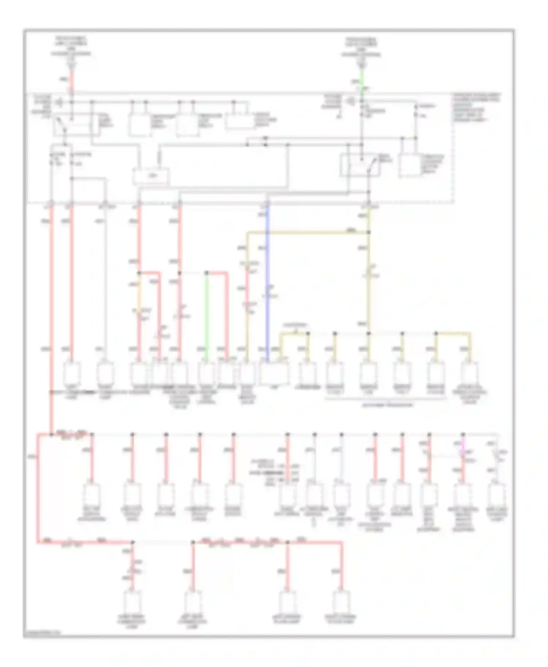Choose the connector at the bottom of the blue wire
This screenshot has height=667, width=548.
tap(274, 373)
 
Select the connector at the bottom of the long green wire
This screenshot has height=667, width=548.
tap(206, 373)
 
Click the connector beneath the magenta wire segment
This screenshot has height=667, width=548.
tap(463, 494)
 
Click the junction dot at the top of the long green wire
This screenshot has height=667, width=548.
tap(206, 273)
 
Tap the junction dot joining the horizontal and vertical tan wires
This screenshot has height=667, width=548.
tap(369, 232)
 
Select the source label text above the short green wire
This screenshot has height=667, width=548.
tap(362, 47)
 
